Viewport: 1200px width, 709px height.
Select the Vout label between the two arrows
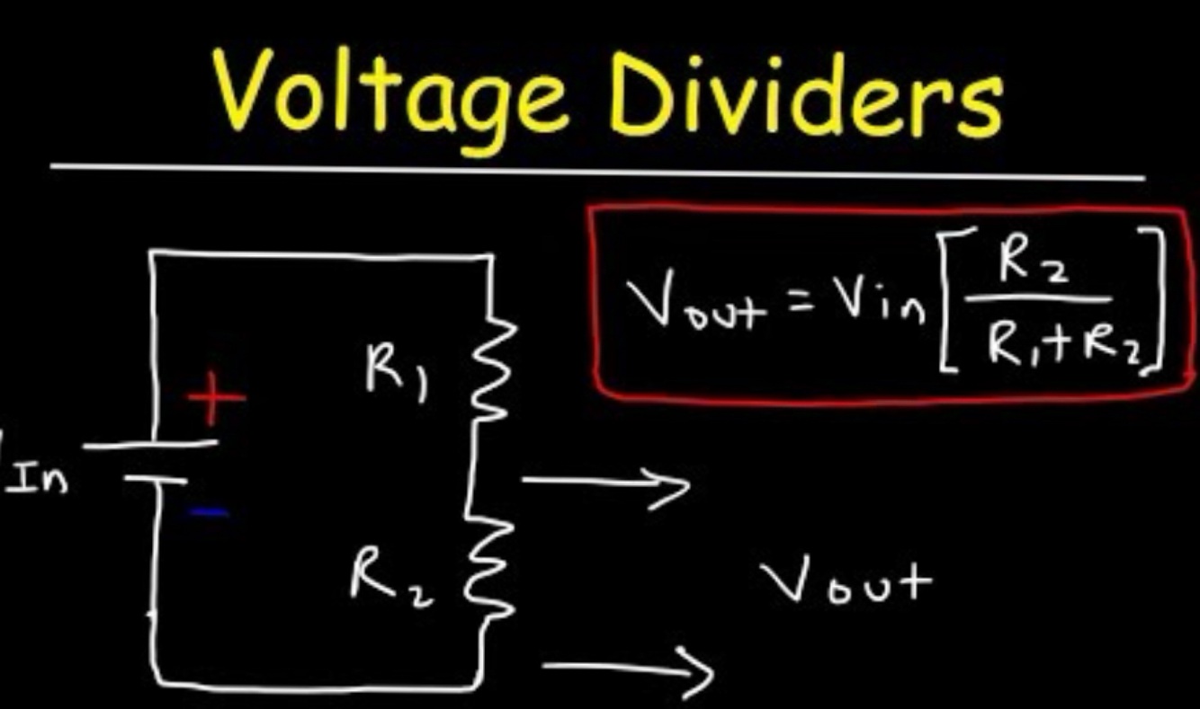pyautogui.click(x=846, y=582)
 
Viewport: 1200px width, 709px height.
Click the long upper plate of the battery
pyautogui.click(x=154, y=444)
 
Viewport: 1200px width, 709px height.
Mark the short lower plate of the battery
pyautogui.click(x=154, y=481)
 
